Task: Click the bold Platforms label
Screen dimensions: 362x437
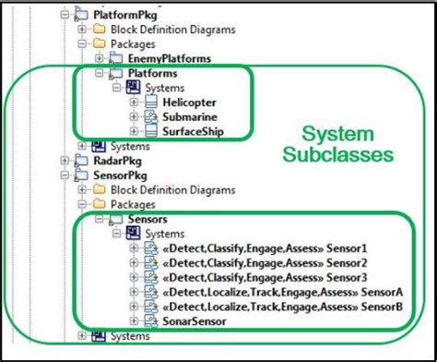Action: (x=152, y=73)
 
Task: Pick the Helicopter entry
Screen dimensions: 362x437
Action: (x=189, y=103)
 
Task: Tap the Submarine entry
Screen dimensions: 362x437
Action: (x=189, y=117)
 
